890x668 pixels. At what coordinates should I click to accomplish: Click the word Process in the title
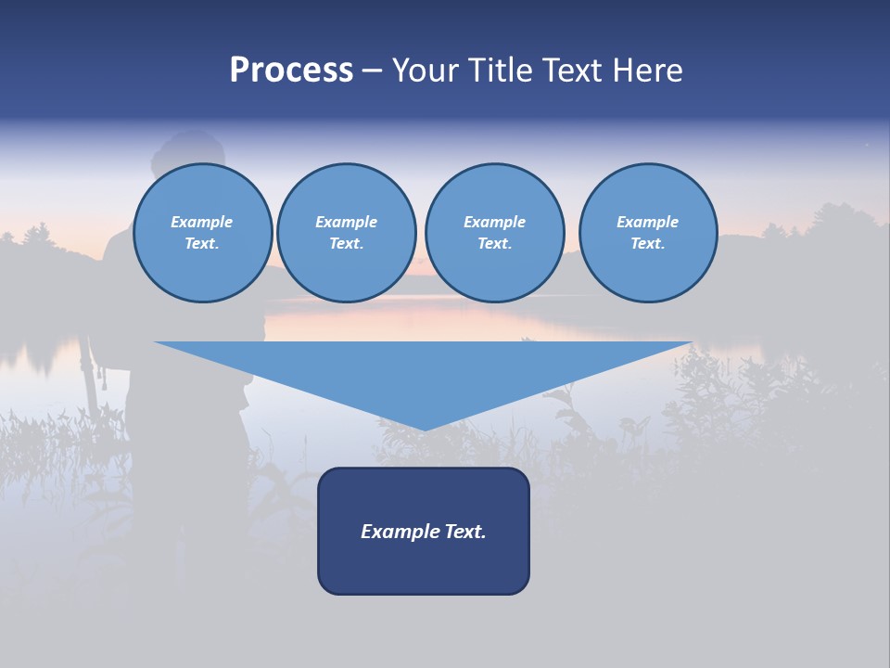[291, 70]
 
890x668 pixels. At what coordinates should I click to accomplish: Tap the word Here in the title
[645, 71]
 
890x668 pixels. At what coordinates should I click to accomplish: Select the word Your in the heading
[425, 71]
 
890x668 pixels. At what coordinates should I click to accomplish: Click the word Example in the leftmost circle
[202, 222]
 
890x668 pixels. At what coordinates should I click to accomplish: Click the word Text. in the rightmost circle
[648, 243]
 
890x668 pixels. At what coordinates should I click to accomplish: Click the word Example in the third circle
[494, 222]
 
